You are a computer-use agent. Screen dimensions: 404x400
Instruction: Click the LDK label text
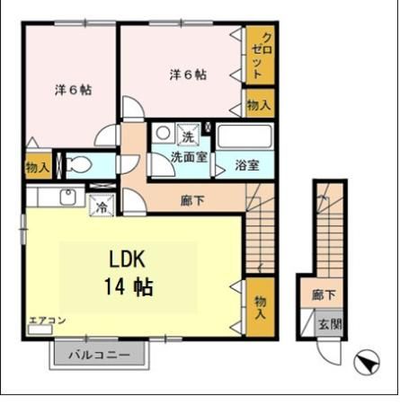tap(128, 259)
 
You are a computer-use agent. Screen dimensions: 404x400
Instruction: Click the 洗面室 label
tap(189, 156)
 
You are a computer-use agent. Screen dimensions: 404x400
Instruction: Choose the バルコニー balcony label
tap(99, 355)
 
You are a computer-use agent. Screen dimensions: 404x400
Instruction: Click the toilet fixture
tap(78, 165)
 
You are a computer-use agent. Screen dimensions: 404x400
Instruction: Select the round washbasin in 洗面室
tap(163, 133)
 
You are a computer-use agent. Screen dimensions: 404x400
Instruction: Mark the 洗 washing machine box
tap(187, 136)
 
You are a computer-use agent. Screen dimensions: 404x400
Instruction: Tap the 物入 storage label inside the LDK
tap(259, 306)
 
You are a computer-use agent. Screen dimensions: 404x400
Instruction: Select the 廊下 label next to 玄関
tap(324, 294)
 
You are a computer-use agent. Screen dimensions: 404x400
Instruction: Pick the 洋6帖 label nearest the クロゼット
tap(188, 75)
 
